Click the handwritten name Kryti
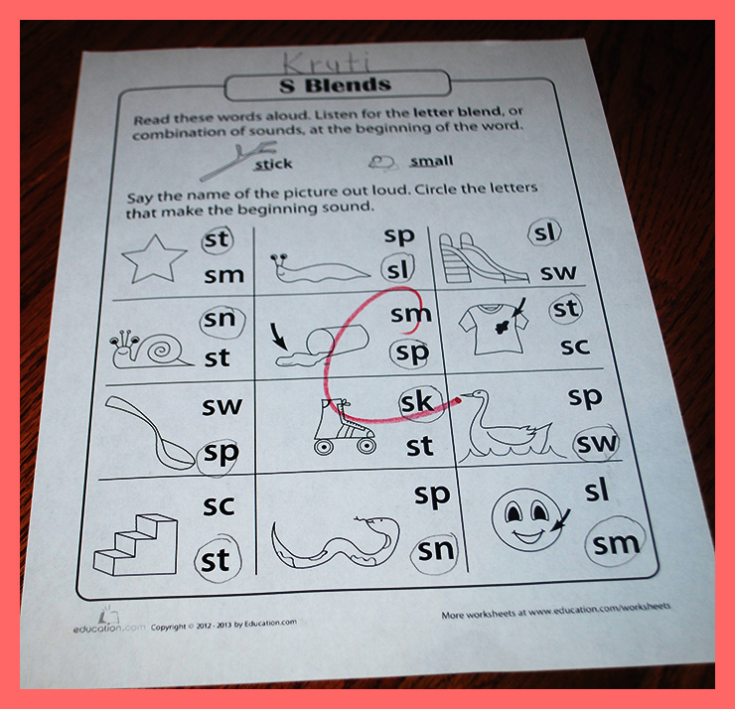tap(327, 63)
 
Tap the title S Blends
tap(335, 85)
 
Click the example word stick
tap(273, 164)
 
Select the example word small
tap(432, 161)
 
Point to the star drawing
tap(154, 259)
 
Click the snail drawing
tap(150, 350)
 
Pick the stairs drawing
tap(135, 544)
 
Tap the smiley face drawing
tap(526, 519)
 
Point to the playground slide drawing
tap(484, 258)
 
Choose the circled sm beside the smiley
tap(616, 543)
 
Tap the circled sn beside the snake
tap(436, 550)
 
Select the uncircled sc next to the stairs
tap(219, 505)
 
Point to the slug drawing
tap(319, 268)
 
